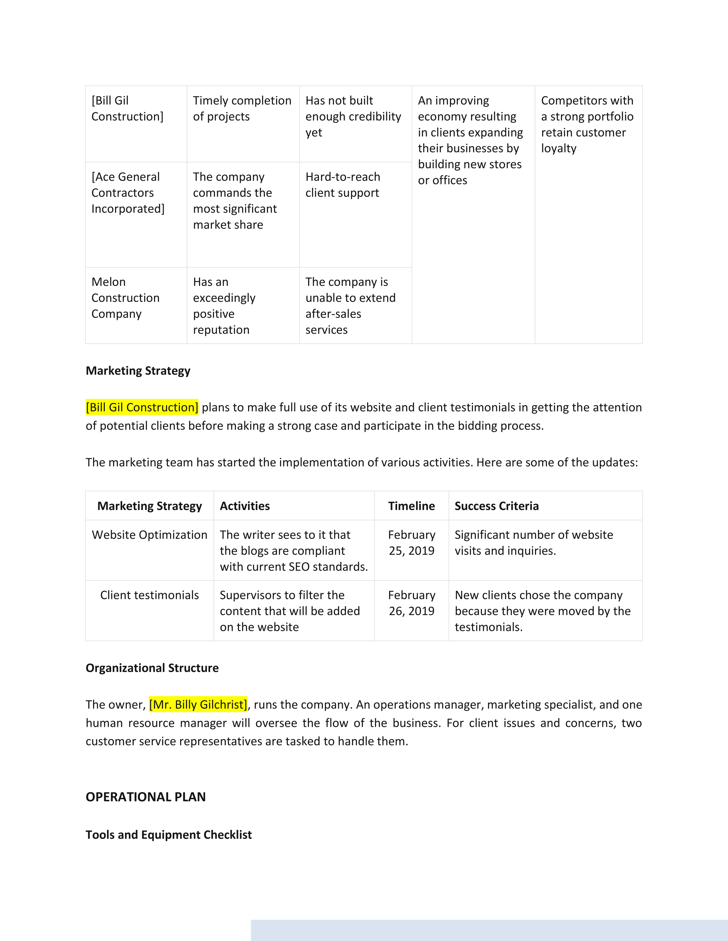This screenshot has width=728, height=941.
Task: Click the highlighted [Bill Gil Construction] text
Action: pos(142,407)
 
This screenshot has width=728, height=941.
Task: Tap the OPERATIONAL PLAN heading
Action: pos(145,797)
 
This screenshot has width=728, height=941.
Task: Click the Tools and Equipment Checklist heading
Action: pos(169,835)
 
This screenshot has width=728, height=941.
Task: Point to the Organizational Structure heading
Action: pos(152,668)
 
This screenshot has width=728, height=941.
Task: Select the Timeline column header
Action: pos(411,506)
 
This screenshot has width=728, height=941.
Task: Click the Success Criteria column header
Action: pos(496,506)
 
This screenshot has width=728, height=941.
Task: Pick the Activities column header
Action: pos(245,506)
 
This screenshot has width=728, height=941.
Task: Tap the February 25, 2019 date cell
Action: pos(411,543)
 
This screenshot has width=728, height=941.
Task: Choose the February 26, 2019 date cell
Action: pos(411,603)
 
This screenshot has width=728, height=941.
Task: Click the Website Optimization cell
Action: pos(149,535)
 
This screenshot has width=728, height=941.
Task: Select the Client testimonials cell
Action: pos(149,595)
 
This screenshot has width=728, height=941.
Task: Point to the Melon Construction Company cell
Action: pos(126,298)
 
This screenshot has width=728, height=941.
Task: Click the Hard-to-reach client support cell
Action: pos(342,185)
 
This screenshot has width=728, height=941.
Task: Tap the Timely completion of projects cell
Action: pos(242,109)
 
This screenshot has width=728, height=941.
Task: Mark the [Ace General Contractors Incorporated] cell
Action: pos(128,192)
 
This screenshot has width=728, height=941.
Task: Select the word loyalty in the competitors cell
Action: pos(558,148)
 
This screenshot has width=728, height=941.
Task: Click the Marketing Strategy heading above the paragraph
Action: pos(138,370)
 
